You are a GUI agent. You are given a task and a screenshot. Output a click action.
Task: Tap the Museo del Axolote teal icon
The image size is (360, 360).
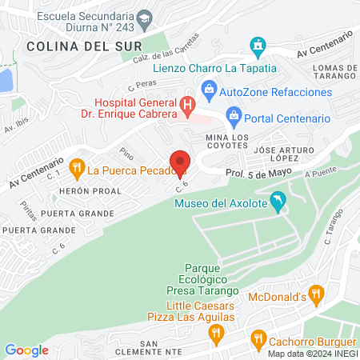coord(278,202)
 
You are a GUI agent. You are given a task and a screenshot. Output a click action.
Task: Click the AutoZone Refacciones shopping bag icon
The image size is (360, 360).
coord(209,90)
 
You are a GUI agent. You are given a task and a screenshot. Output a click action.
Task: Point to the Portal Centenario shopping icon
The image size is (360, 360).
coord(234,117)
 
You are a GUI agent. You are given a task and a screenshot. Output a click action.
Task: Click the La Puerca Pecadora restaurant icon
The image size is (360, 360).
coord(78,168)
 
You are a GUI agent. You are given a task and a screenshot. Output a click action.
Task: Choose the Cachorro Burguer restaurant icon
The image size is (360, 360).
coord(258,338)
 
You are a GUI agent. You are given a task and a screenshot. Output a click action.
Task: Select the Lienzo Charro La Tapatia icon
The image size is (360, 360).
coord(258,46)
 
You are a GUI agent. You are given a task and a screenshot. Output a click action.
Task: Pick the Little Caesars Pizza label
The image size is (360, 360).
coord(201,311)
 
